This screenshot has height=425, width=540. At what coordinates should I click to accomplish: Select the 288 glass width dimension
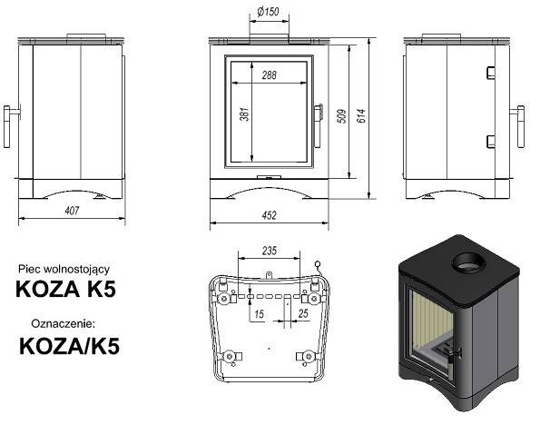[269, 75]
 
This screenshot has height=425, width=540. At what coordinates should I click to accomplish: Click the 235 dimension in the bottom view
[269, 251]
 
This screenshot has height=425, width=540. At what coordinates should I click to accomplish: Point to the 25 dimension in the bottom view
[303, 313]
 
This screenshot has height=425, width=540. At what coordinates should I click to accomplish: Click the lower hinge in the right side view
[489, 140]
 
